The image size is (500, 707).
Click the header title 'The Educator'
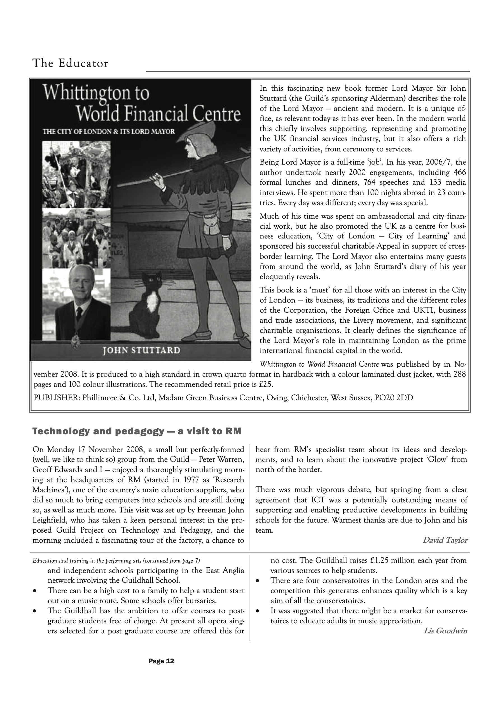pos(70,64)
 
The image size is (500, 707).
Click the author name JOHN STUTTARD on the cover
pos(141,350)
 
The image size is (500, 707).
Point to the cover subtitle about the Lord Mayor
pos(109,132)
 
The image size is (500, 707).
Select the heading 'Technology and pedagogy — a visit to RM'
pos(137,431)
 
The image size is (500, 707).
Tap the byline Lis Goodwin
pos(445,631)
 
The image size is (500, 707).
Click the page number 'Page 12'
pos(161,661)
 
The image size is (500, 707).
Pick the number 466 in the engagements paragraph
pos(460,172)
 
